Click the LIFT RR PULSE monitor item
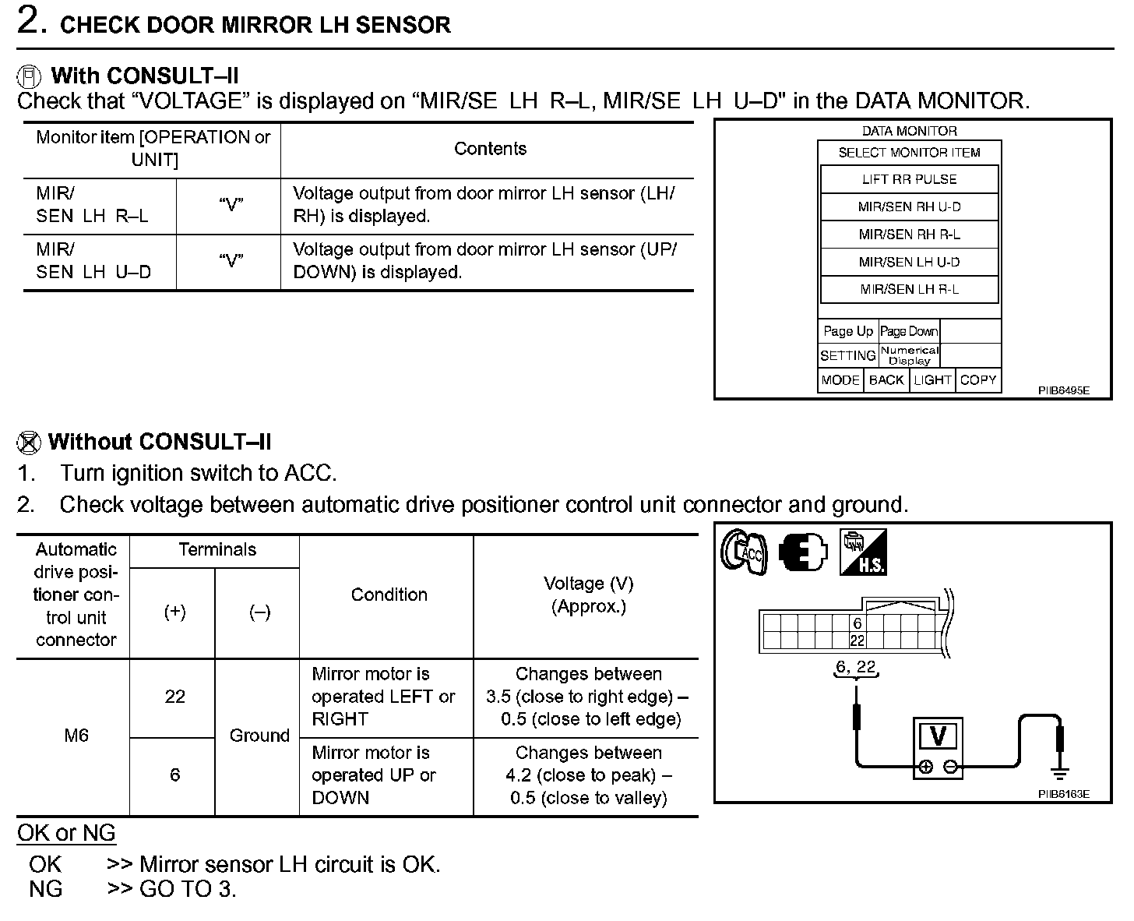pyautogui.click(x=909, y=179)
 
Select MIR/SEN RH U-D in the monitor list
pyautogui.click(x=909, y=206)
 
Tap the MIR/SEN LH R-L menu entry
pyautogui.click(x=909, y=289)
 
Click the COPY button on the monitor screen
pyautogui.click(x=977, y=380)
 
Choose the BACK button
pyautogui.click(x=886, y=380)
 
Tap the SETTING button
pyautogui.click(x=847, y=355)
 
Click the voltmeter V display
pyautogui.click(x=938, y=736)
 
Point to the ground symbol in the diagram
pyautogui.click(x=1058, y=773)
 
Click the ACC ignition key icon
pyautogui.click(x=744, y=553)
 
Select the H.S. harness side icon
pyautogui.click(x=862, y=553)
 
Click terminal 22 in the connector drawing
pyautogui.click(x=857, y=641)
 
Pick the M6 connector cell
pyautogui.click(x=76, y=736)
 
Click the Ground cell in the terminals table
pyautogui.click(x=259, y=736)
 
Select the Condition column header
pyautogui.click(x=389, y=595)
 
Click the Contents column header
pyautogui.click(x=490, y=149)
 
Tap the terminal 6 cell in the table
pyautogui.click(x=174, y=775)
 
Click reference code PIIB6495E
pyautogui.click(x=1064, y=390)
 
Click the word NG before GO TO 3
pyautogui.click(x=45, y=889)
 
